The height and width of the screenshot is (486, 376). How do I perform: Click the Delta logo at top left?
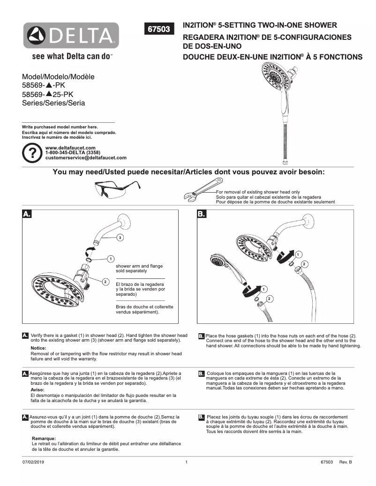pos(71,35)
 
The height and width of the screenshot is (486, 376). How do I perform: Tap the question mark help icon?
pos(32,153)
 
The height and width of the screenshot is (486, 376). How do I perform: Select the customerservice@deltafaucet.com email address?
pos(86,158)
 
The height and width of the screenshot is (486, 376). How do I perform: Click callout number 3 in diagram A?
pos(120,238)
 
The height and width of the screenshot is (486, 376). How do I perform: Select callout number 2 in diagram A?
pos(105,281)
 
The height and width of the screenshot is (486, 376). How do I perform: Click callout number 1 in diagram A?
pos(110,258)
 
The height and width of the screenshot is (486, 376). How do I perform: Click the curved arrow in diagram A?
pos(87,250)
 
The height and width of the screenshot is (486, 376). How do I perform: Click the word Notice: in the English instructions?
pos(38,348)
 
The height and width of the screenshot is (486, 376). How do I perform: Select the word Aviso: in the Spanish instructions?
pos(38,390)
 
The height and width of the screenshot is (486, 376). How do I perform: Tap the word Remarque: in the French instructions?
pos(44,438)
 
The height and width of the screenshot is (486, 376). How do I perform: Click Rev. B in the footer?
pos(345,462)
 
